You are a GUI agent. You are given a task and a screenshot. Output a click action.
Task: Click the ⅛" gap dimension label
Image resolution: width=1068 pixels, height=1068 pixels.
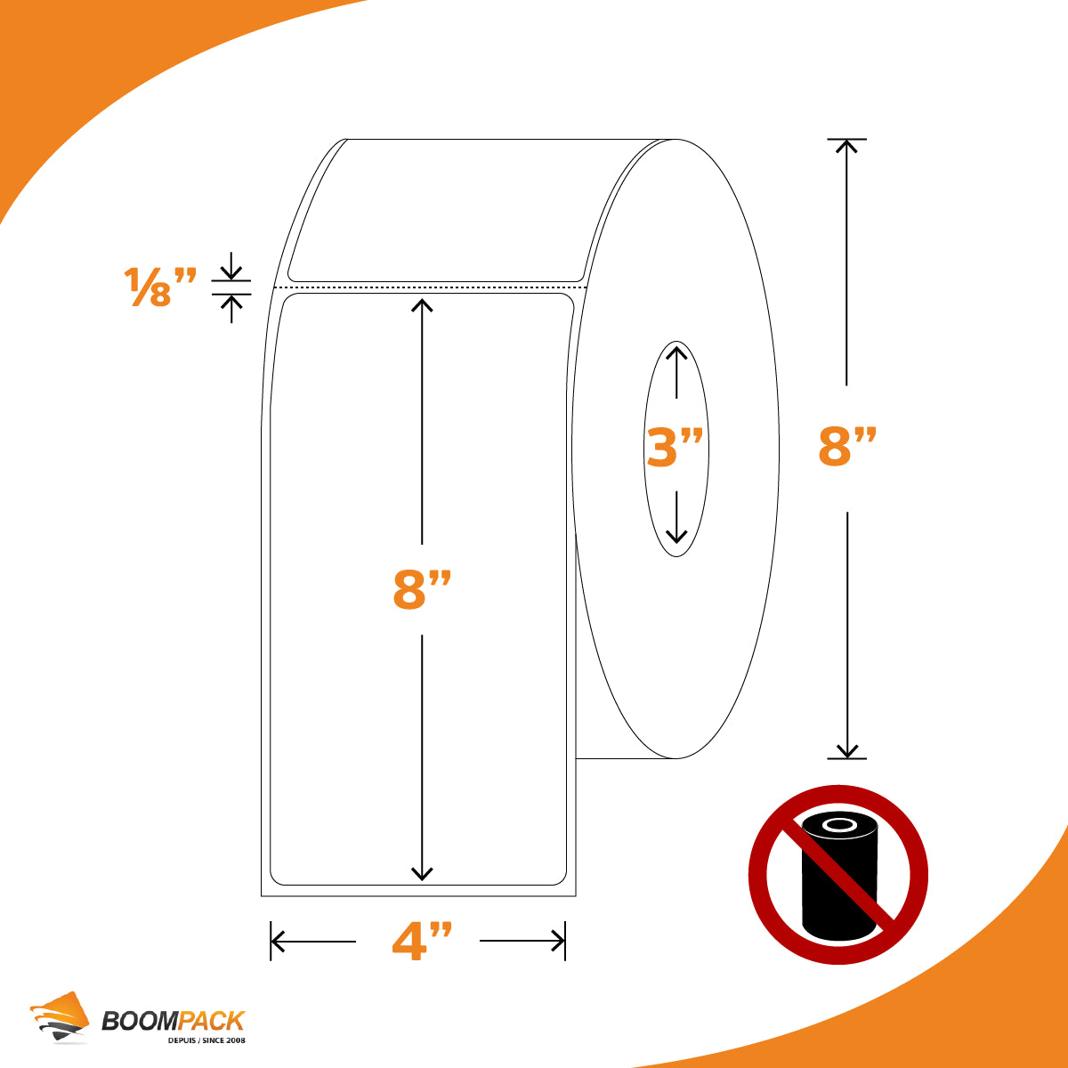click(160, 286)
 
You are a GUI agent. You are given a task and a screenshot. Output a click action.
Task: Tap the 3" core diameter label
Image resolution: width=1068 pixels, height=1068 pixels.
click(675, 447)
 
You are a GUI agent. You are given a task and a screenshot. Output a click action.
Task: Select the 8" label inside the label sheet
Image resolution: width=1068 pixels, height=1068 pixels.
click(423, 590)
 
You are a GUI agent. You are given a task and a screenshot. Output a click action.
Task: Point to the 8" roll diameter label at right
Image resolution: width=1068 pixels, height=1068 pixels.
click(847, 446)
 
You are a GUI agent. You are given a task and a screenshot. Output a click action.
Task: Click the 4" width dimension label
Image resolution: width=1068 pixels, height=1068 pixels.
click(423, 941)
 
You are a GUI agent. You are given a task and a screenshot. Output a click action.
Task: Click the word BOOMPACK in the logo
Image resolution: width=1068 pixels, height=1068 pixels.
click(173, 1021)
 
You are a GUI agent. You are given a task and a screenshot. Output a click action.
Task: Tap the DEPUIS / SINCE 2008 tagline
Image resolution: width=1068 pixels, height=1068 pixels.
click(206, 1040)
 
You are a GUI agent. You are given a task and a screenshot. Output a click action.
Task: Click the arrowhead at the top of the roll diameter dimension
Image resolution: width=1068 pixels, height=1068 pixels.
click(846, 146)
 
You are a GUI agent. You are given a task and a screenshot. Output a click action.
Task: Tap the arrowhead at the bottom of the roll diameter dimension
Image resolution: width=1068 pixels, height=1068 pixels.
click(847, 751)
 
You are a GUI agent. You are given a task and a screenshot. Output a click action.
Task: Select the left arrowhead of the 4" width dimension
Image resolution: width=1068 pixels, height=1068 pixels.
click(278, 941)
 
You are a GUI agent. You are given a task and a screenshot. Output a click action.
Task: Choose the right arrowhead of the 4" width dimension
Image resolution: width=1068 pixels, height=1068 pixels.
click(558, 941)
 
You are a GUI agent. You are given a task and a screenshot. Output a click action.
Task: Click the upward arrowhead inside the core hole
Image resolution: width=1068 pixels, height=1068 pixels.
click(676, 352)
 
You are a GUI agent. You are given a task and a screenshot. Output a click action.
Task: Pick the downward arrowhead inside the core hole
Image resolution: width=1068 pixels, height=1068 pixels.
click(676, 536)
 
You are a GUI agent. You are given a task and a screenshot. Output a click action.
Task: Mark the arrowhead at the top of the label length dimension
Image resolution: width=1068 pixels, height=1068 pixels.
click(422, 305)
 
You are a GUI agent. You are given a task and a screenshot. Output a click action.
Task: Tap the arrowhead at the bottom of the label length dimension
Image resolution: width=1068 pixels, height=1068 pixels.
click(422, 873)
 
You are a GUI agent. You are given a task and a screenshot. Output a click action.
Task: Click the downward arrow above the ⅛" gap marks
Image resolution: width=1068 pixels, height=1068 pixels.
click(231, 265)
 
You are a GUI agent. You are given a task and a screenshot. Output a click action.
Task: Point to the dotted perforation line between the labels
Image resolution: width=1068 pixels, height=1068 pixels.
click(431, 287)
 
